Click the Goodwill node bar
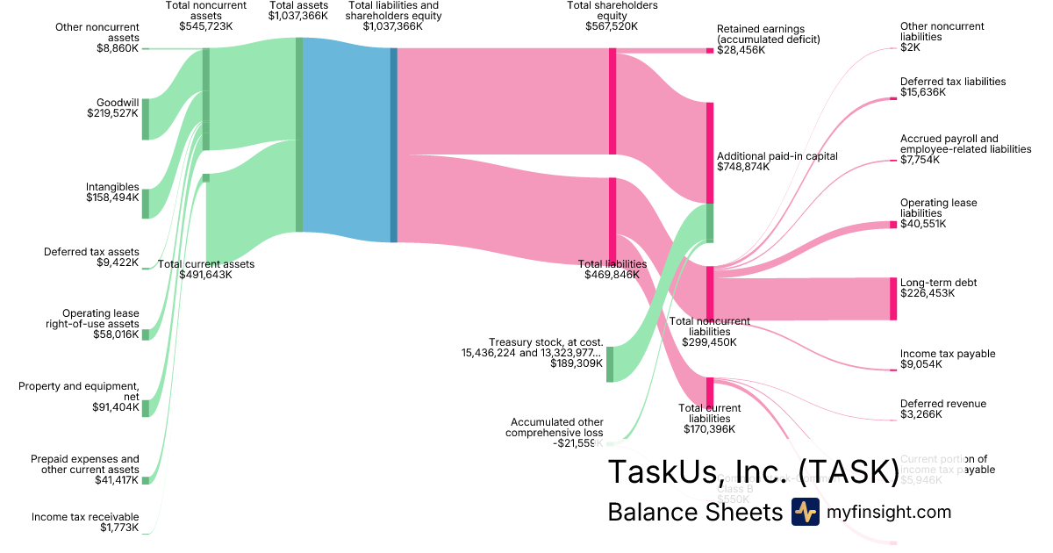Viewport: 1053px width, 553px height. pyautogui.click(x=146, y=119)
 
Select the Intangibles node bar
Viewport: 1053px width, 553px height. pyautogui.click(x=146, y=204)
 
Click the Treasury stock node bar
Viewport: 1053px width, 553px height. pyautogui.click(x=610, y=364)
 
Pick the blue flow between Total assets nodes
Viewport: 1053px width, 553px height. pyautogui.click(x=347, y=140)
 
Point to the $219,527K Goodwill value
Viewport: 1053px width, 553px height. pyautogui.click(x=112, y=113)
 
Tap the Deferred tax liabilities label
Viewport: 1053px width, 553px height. pyautogui.click(x=953, y=82)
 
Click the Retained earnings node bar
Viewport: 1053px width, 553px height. pyautogui.click(x=710, y=51)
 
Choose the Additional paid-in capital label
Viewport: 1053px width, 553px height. pyautogui.click(x=777, y=155)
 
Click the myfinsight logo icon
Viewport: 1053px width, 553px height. pyautogui.click(x=805, y=512)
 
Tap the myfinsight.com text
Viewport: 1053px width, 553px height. pyautogui.click(x=889, y=512)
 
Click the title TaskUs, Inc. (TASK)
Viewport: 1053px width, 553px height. pyautogui.click(x=753, y=471)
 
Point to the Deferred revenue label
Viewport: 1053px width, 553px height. pyautogui.click(x=943, y=404)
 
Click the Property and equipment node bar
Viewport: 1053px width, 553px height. pyautogui.click(x=146, y=407)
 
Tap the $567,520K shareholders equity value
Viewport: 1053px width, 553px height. pyautogui.click(x=612, y=26)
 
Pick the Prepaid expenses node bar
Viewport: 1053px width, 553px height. pyautogui.click(x=146, y=480)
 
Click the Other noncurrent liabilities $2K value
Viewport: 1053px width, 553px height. pyautogui.click(x=910, y=48)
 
